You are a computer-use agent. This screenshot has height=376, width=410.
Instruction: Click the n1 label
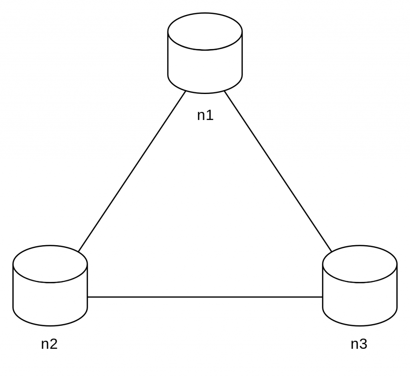click(x=205, y=116)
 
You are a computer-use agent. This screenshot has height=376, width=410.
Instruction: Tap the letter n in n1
click(x=201, y=116)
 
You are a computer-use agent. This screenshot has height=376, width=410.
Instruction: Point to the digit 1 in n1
click(x=210, y=116)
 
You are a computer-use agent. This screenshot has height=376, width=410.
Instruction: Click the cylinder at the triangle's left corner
click(x=50, y=286)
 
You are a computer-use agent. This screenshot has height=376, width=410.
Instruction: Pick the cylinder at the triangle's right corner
click(x=360, y=286)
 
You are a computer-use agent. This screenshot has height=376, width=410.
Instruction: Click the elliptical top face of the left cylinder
click(x=50, y=264)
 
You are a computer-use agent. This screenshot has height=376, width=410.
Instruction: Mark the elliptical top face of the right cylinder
click(x=360, y=264)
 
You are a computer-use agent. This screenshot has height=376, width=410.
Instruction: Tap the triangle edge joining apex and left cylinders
click(x=132, y=172)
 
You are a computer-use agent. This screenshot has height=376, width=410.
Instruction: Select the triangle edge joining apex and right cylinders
click(x=278, y=172)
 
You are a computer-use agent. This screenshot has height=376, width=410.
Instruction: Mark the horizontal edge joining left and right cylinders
click(x=205, y=296)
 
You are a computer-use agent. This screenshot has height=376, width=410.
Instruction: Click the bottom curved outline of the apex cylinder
click(x=205, y=93)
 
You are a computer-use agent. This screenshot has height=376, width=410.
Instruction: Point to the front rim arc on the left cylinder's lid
click(x=50, y=282)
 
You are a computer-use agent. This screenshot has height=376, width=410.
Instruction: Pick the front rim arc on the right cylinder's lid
click(x=360, y=282)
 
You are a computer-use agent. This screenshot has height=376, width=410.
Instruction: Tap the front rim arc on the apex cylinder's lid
click(x=205, y=50)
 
